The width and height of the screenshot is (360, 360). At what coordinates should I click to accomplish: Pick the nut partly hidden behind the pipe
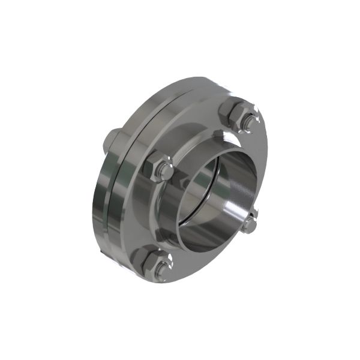click(x=250, y=223)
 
